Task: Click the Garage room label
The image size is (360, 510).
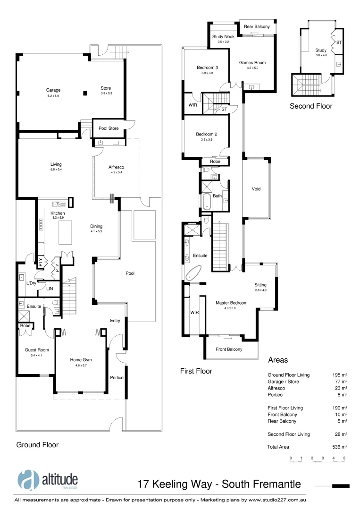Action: coord(53,90)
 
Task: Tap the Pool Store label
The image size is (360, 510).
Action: coord(109,128)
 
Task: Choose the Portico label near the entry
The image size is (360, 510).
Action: coord(117,377)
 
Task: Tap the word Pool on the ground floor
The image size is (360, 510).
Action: coord(130,273)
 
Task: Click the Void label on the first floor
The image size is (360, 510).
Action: coord(256,189)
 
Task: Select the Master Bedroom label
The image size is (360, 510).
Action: coord(231,303)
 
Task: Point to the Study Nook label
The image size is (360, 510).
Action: coord(223,36)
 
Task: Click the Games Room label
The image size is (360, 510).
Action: coord(252,62)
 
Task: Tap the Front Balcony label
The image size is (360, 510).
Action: coord(229,349)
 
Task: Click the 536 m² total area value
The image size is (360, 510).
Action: coord(340,447)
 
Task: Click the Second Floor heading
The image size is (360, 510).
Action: coord(310,106)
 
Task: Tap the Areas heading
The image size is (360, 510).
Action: coord(278,360)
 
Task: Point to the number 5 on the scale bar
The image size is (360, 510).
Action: coord(344,458)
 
